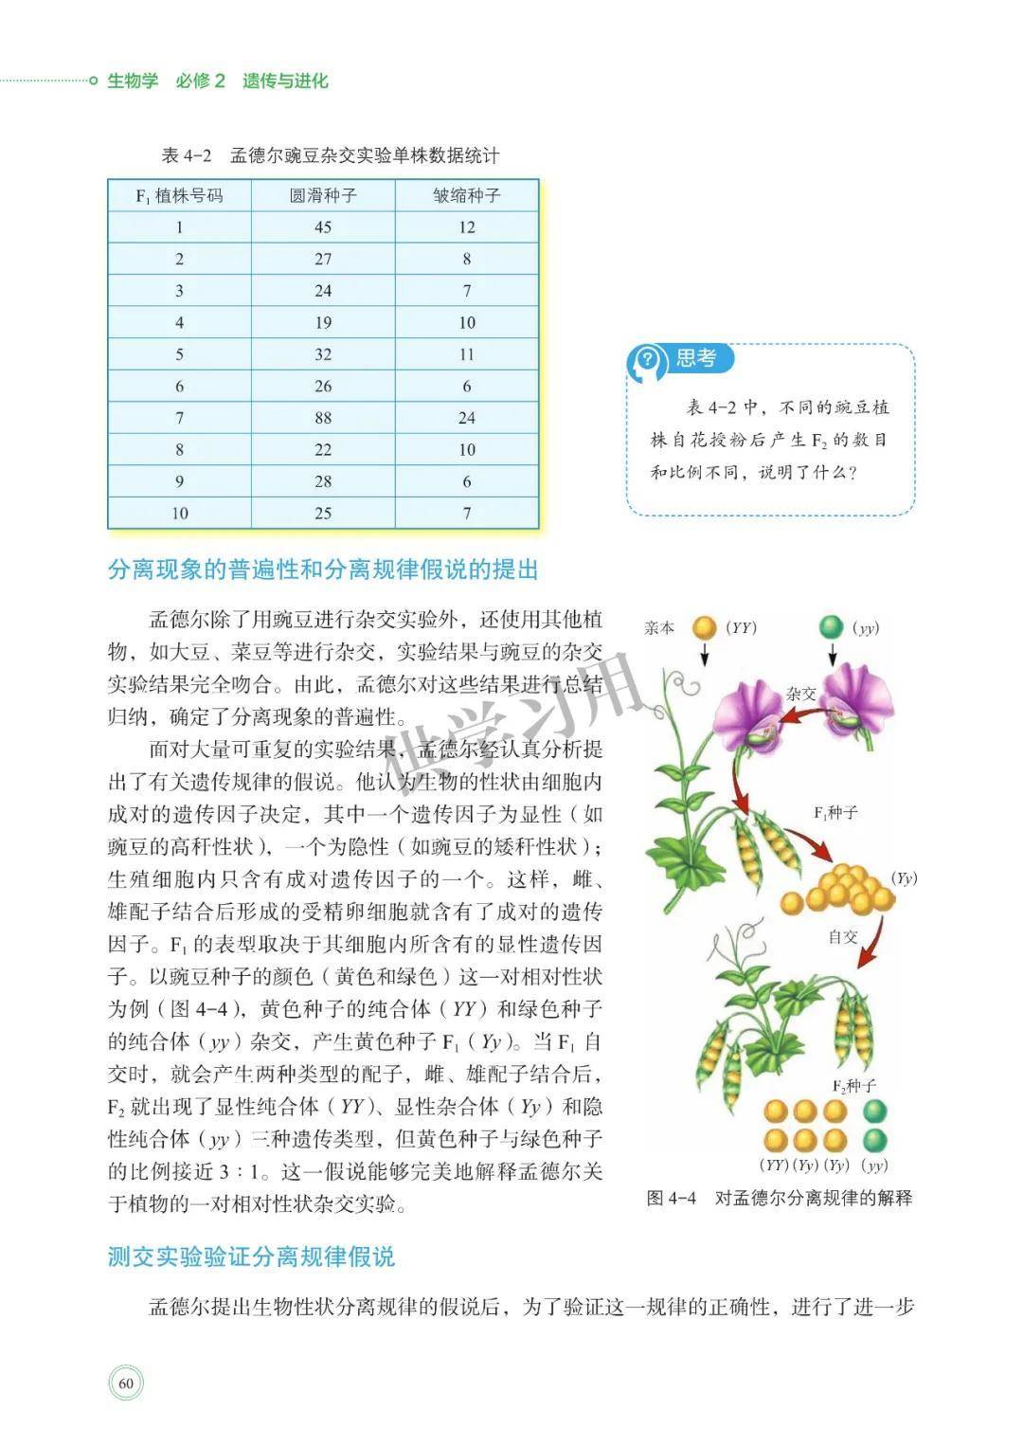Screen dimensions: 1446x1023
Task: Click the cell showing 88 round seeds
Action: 323,418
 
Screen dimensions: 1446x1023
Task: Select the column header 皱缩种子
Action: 466,196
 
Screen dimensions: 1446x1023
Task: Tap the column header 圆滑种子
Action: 323,196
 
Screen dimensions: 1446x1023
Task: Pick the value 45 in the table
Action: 323,227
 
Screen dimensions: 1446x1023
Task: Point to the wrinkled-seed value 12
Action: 466,227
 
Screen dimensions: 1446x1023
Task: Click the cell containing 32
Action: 323,354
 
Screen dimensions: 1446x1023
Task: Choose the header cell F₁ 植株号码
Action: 179,196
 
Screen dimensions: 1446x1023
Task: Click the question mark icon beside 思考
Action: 648,359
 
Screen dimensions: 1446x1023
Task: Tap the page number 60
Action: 126,1384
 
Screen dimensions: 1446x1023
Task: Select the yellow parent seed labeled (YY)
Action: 704,627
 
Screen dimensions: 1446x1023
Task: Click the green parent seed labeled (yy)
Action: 831,627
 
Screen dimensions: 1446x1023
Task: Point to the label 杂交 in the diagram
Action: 800,695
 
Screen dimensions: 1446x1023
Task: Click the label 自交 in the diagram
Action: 842,937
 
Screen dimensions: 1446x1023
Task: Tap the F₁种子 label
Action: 835,813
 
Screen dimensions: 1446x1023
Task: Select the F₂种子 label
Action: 853,1086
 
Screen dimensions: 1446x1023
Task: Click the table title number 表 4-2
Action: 188,155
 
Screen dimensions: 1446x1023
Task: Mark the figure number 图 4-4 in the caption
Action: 671,1199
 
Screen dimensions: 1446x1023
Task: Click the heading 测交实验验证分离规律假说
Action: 251,1257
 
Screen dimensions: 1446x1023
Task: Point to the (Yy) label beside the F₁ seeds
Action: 905,878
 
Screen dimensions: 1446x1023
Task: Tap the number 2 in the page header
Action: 220,81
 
